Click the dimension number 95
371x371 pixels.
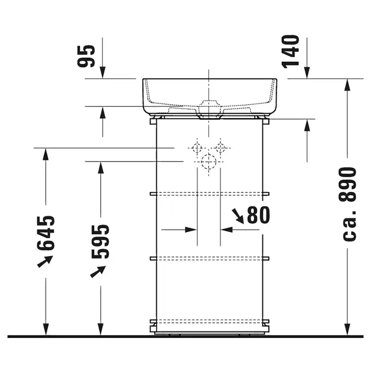tap(86, 56)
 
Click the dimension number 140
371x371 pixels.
tap(291, 51)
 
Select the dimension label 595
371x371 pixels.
tap(100, 242)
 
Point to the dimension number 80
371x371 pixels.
tap(259, 216)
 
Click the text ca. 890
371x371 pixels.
tap(349, 204)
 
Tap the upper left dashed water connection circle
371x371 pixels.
tap(197, 147)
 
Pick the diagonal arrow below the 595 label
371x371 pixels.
tap(98, 271)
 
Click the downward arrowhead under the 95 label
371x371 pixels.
tap(103, 73)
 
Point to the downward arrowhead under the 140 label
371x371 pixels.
tap(307, 73)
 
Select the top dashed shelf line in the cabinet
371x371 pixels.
tap(209, 194)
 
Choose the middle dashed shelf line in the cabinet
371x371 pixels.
tap(209, 258)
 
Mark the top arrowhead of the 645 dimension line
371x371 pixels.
tap(45, 154)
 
